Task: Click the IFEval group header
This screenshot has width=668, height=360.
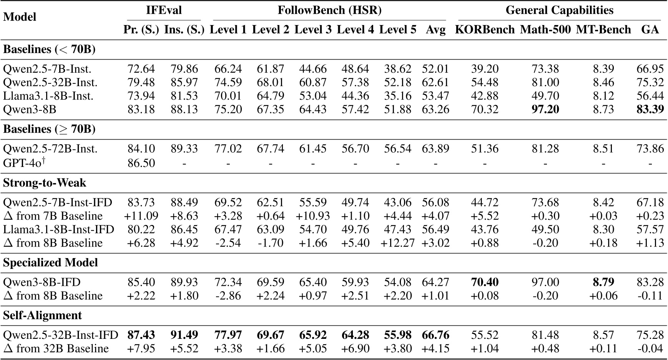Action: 164,10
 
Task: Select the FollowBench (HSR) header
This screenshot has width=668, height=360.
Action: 329,10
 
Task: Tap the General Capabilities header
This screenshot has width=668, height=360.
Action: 559,10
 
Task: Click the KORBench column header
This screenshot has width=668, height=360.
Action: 484,30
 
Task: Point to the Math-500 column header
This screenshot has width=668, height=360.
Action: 545,30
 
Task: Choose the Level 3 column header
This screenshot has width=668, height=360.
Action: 313,30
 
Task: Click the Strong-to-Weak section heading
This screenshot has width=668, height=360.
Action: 45,183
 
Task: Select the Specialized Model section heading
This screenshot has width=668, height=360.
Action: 50,263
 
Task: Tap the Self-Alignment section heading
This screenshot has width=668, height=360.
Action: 42,316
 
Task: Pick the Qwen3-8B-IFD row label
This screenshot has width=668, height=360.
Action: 42,282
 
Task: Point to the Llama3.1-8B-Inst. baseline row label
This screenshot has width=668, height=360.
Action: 48,96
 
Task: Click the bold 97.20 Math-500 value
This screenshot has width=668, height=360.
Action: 545,110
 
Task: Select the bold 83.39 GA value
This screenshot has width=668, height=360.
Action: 650,110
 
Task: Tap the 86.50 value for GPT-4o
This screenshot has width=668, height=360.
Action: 141,163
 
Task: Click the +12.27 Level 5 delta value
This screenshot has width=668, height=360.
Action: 397,243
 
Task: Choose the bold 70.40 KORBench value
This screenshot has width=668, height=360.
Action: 485,282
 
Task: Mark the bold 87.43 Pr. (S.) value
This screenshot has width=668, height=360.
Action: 141,335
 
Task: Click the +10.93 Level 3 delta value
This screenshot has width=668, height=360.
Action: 313,216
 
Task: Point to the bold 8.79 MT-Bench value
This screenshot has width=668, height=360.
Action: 603,282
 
